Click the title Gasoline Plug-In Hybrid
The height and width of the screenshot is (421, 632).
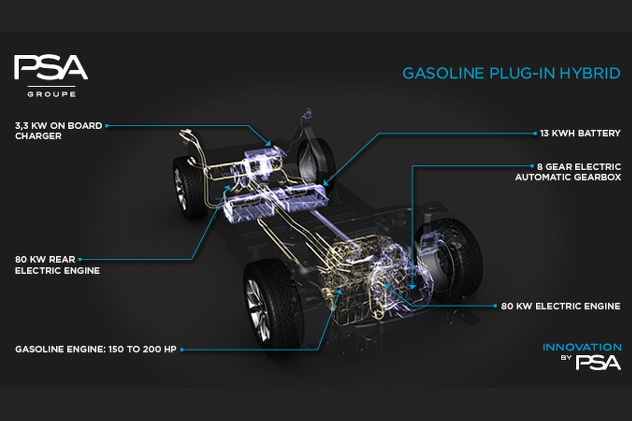click(x=511, y=74)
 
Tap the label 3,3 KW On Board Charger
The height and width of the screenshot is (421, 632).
click(x=59, y=131)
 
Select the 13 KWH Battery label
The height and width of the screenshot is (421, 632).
click(x=580, y=133)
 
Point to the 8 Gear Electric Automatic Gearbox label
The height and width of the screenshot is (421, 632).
click(x=568, y=172)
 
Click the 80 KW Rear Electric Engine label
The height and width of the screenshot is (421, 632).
click(x=57, y=265)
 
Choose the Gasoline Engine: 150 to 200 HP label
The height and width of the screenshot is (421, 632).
click(x=96, y=349)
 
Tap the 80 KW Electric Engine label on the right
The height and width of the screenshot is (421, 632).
click(x=560, y=306)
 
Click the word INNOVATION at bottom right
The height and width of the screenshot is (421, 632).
click(x=582, y=347)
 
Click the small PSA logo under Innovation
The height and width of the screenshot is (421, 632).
click(x=598, y=362)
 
